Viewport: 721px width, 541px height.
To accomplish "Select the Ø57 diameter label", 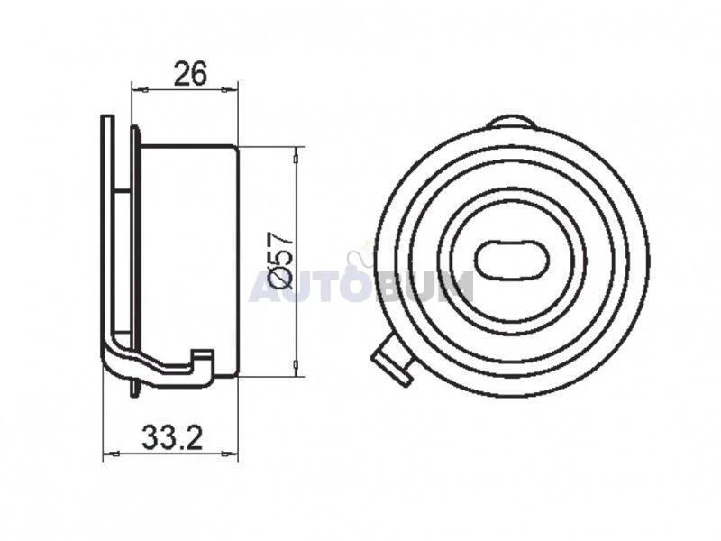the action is pos(281,261).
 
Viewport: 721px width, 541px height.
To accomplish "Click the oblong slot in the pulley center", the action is pos(512,260).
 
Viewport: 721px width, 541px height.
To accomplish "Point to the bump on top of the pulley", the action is pos(510,122).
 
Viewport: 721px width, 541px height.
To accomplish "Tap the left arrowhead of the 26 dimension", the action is pos(139,88).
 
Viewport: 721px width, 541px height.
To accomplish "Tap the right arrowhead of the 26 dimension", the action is pos(232,88).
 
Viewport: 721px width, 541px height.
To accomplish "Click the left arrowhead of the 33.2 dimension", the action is pos(110,454).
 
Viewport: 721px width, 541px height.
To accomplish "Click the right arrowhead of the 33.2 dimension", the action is pos(231,454).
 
